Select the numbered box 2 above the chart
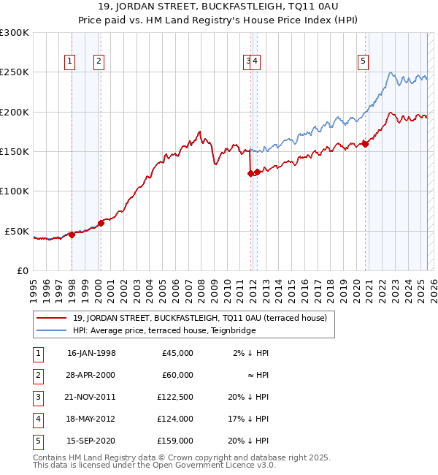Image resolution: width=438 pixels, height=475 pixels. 98,62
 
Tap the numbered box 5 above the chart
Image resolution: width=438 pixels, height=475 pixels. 363,62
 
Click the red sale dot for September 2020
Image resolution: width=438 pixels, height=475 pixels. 365,144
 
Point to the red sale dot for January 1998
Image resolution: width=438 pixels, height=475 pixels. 72,235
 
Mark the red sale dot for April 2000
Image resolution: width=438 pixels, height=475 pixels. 101,223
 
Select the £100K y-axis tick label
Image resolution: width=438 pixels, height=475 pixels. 15,191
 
